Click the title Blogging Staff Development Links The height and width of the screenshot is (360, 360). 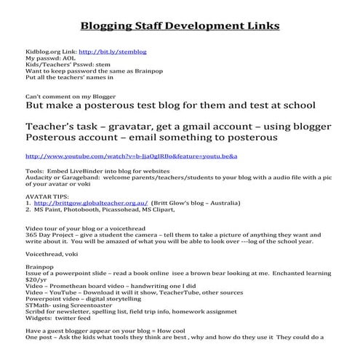[179, 26]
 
